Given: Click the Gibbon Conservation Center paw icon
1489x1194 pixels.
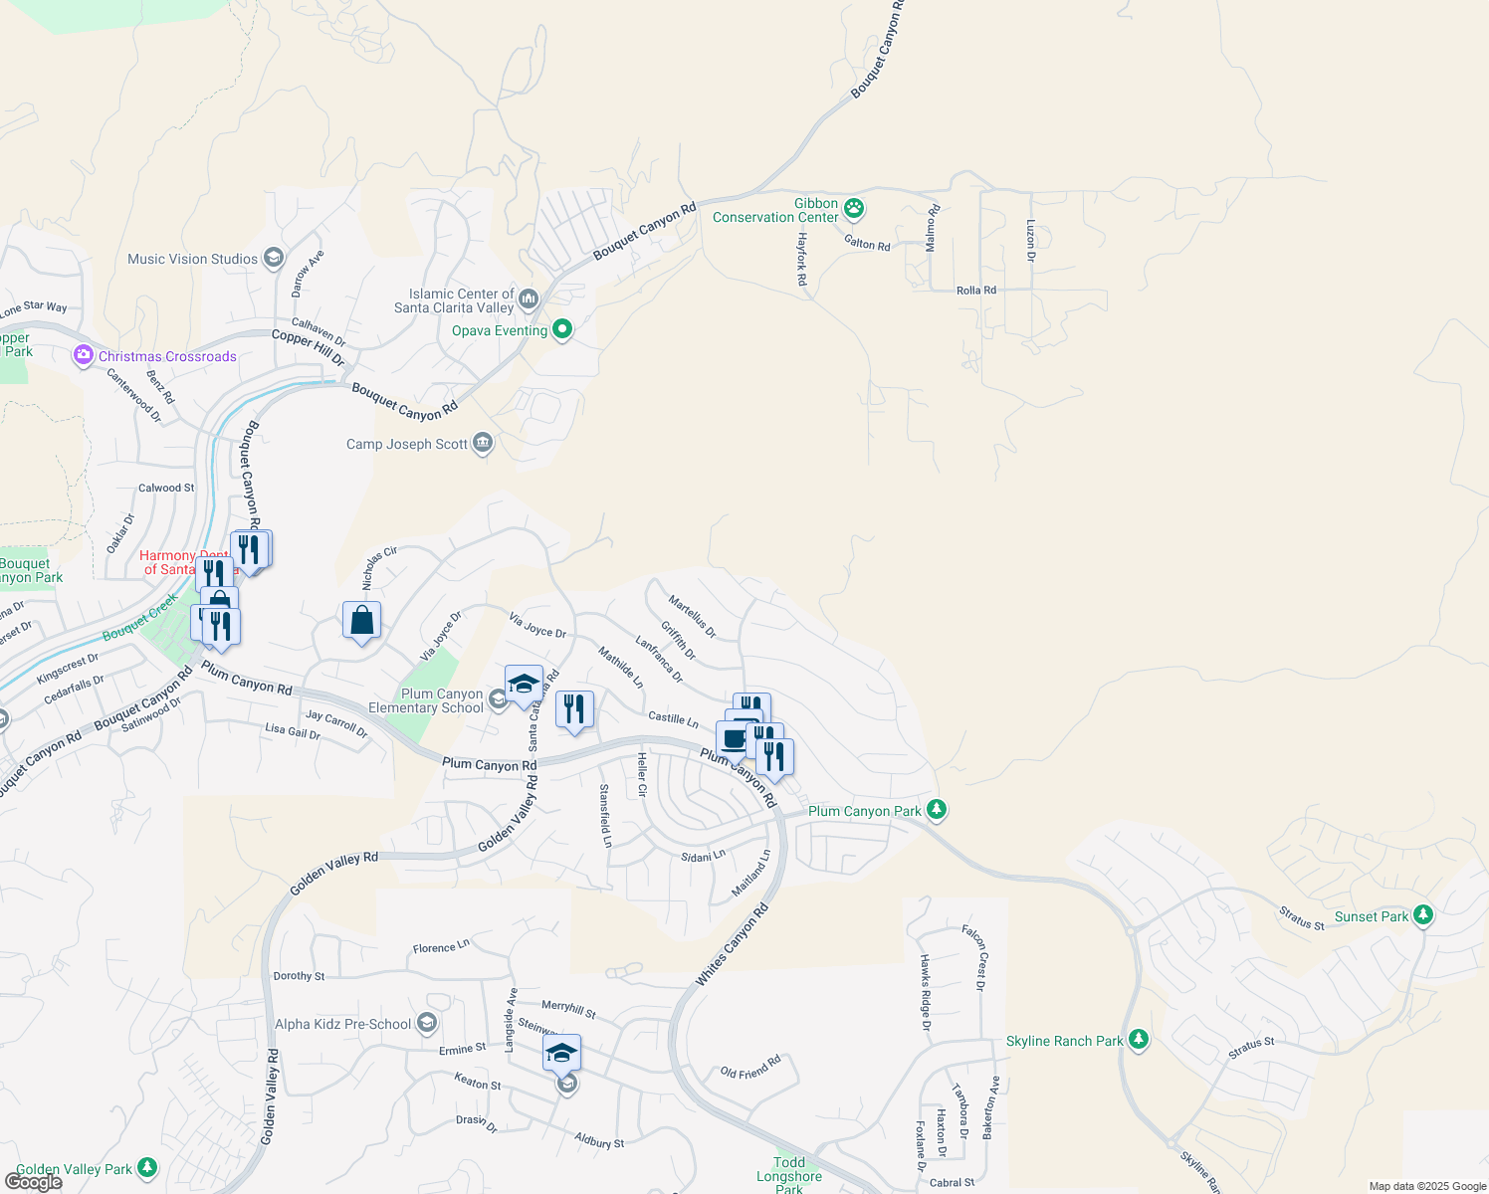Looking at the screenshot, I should (x=854, y=209).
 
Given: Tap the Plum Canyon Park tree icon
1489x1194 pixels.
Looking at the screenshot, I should (x=936, y=810).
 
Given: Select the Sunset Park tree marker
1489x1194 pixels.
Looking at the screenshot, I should (x=1423, y=915).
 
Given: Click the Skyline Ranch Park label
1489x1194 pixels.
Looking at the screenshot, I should (x=1064, y=1041).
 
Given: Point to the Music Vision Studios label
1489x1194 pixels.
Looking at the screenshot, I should (x=192, y=259).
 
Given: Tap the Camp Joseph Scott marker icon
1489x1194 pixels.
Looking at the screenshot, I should (x=483, y=443).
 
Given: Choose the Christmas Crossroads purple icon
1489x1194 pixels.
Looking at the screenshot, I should (x=84, y=355).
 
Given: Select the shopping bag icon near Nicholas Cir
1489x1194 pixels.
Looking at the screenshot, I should (x=362, y=620).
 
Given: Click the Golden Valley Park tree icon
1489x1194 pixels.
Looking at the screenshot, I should (x=147, y=1167).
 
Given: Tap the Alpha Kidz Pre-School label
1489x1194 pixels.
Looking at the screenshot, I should (x=342, y=1024).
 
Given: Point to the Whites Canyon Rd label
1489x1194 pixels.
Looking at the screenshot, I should (x=733, y=945).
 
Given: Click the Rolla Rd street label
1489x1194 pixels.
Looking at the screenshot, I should (x=975, y=291).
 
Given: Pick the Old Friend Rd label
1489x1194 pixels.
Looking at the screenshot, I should (x=750, y=1068).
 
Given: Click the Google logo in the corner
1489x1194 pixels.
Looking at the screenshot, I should (x=34, y=1182).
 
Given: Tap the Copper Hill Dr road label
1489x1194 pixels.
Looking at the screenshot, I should (x=308, y=347).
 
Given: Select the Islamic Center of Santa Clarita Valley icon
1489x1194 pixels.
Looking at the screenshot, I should (x=529, y=298).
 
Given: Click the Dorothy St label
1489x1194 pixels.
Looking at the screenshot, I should (x=299, y=976).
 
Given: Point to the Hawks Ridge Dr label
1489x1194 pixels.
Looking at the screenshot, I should (x=925, y=992).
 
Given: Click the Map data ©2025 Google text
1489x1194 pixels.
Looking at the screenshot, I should (x=1427, y=1186).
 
